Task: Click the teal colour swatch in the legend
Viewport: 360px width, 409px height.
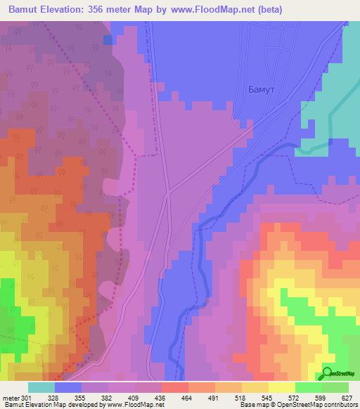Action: click(41, 387)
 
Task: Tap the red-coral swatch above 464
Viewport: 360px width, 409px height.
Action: click(174, 387)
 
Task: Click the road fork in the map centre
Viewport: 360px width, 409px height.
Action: click(167, 190)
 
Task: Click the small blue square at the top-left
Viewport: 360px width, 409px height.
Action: click(108, 40)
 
